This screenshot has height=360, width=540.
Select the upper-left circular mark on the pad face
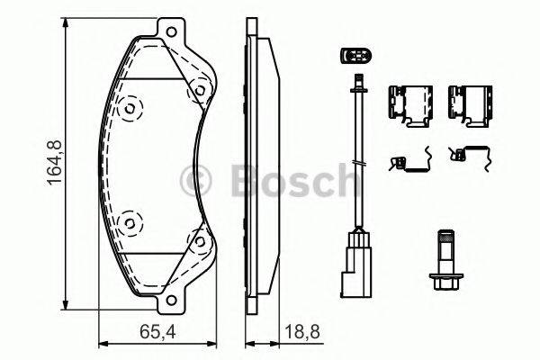[130, 109]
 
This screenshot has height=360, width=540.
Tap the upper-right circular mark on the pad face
[193, 90]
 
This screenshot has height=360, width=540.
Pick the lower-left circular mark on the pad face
[130, 220]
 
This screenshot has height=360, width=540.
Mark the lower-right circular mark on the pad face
[193, 239]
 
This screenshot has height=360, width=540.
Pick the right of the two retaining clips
[466, 104]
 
